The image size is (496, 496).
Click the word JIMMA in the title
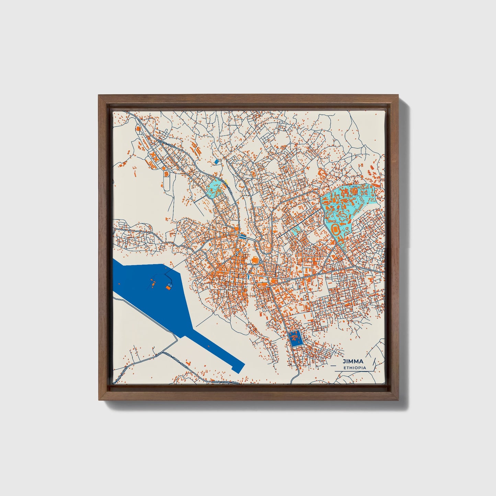353,361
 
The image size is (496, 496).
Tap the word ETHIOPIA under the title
355,368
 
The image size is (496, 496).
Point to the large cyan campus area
347,206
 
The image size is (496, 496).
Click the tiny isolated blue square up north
216,161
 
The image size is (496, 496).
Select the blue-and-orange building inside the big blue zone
169,287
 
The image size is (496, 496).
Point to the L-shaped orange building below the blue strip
188,362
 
